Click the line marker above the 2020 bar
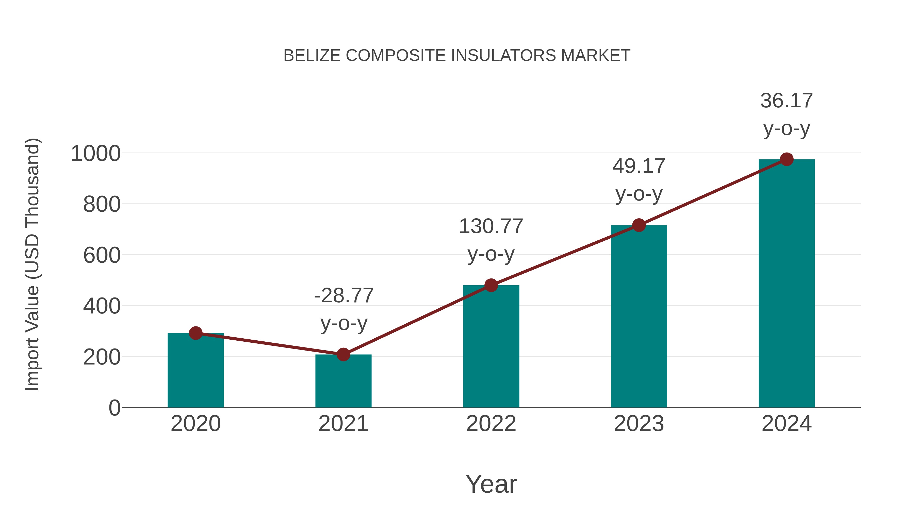coord(195,333)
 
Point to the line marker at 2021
coord(343,354)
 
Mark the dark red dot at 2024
coord(787,159)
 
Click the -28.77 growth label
coord(344,295)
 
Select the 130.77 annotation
coord(491,226)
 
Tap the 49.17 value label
coord(639,166)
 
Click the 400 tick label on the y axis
coord(102,306)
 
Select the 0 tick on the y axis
coord(115,408)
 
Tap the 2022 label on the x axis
coord(491,424)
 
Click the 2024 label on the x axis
coord(787,424)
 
